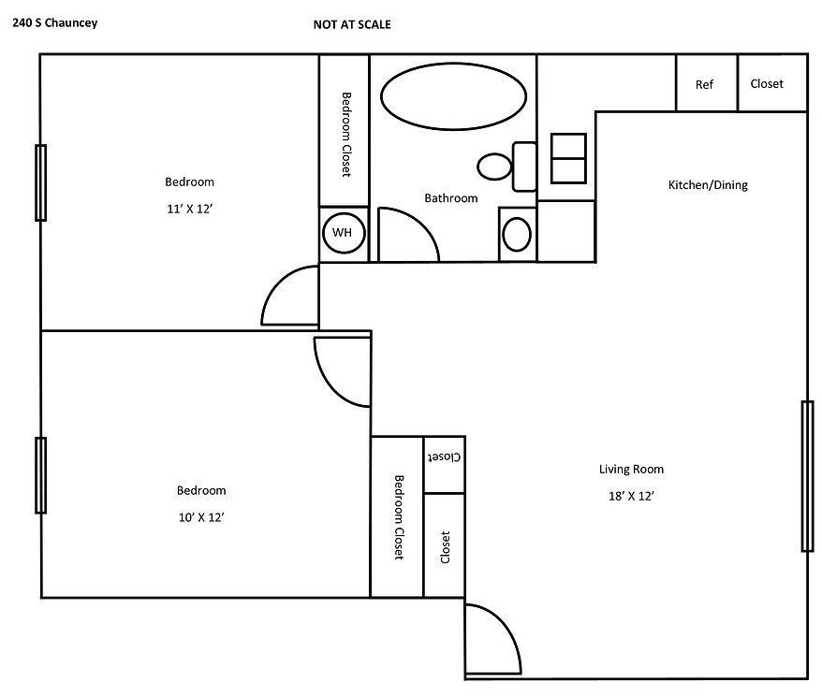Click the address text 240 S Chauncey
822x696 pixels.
[55, 25]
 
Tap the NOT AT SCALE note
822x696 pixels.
[352, 25]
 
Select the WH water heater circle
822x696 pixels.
[344, 233]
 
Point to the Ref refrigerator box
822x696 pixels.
[705, 84]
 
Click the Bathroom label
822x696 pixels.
[451, 198]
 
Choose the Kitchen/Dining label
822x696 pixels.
[708, 185]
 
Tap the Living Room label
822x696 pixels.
[631, 470]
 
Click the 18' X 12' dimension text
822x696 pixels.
[631, 498]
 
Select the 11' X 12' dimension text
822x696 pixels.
[190, 210]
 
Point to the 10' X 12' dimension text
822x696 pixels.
[201, 516]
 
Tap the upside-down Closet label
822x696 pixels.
[444, 458]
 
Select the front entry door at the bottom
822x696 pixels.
[492, 642]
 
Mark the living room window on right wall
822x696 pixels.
[806, 476]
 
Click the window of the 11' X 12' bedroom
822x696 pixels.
[40, 182]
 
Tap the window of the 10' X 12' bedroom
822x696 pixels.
[40, 475]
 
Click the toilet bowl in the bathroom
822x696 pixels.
[494, 167]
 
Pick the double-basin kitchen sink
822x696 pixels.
[568, 158]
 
